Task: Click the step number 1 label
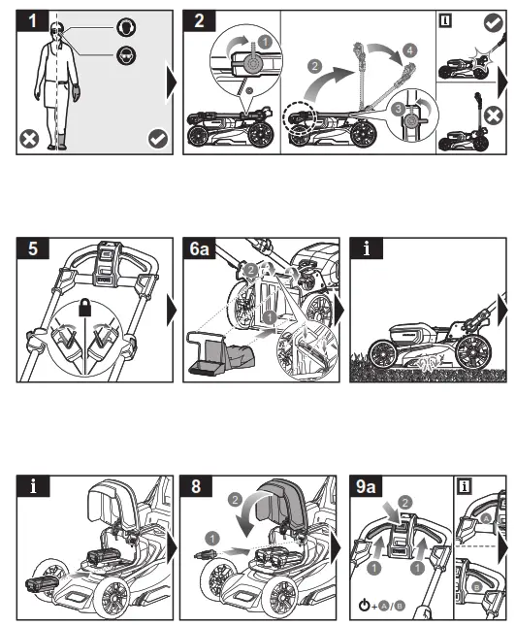(33, 20)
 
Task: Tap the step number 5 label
(33, 248)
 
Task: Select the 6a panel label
(199, 248)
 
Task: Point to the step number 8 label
(196, 486)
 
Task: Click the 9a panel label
(366, 486)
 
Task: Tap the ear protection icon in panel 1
(126, 27)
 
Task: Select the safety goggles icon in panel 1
(126, 55)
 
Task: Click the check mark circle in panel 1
(158, 139)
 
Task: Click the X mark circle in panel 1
(29, 140)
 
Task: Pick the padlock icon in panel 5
(84, 307)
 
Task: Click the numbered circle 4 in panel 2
(410, 50)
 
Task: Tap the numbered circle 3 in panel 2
(398, 109)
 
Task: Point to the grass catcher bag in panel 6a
(221, 353)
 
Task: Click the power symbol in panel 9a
(364, 605)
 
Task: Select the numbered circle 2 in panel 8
(235, 500)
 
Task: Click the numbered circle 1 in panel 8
(211, 539)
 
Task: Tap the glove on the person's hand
(76, 92)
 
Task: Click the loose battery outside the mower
(42, 585)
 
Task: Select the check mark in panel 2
(494, 22)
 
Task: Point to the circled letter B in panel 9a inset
(477, 587)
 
